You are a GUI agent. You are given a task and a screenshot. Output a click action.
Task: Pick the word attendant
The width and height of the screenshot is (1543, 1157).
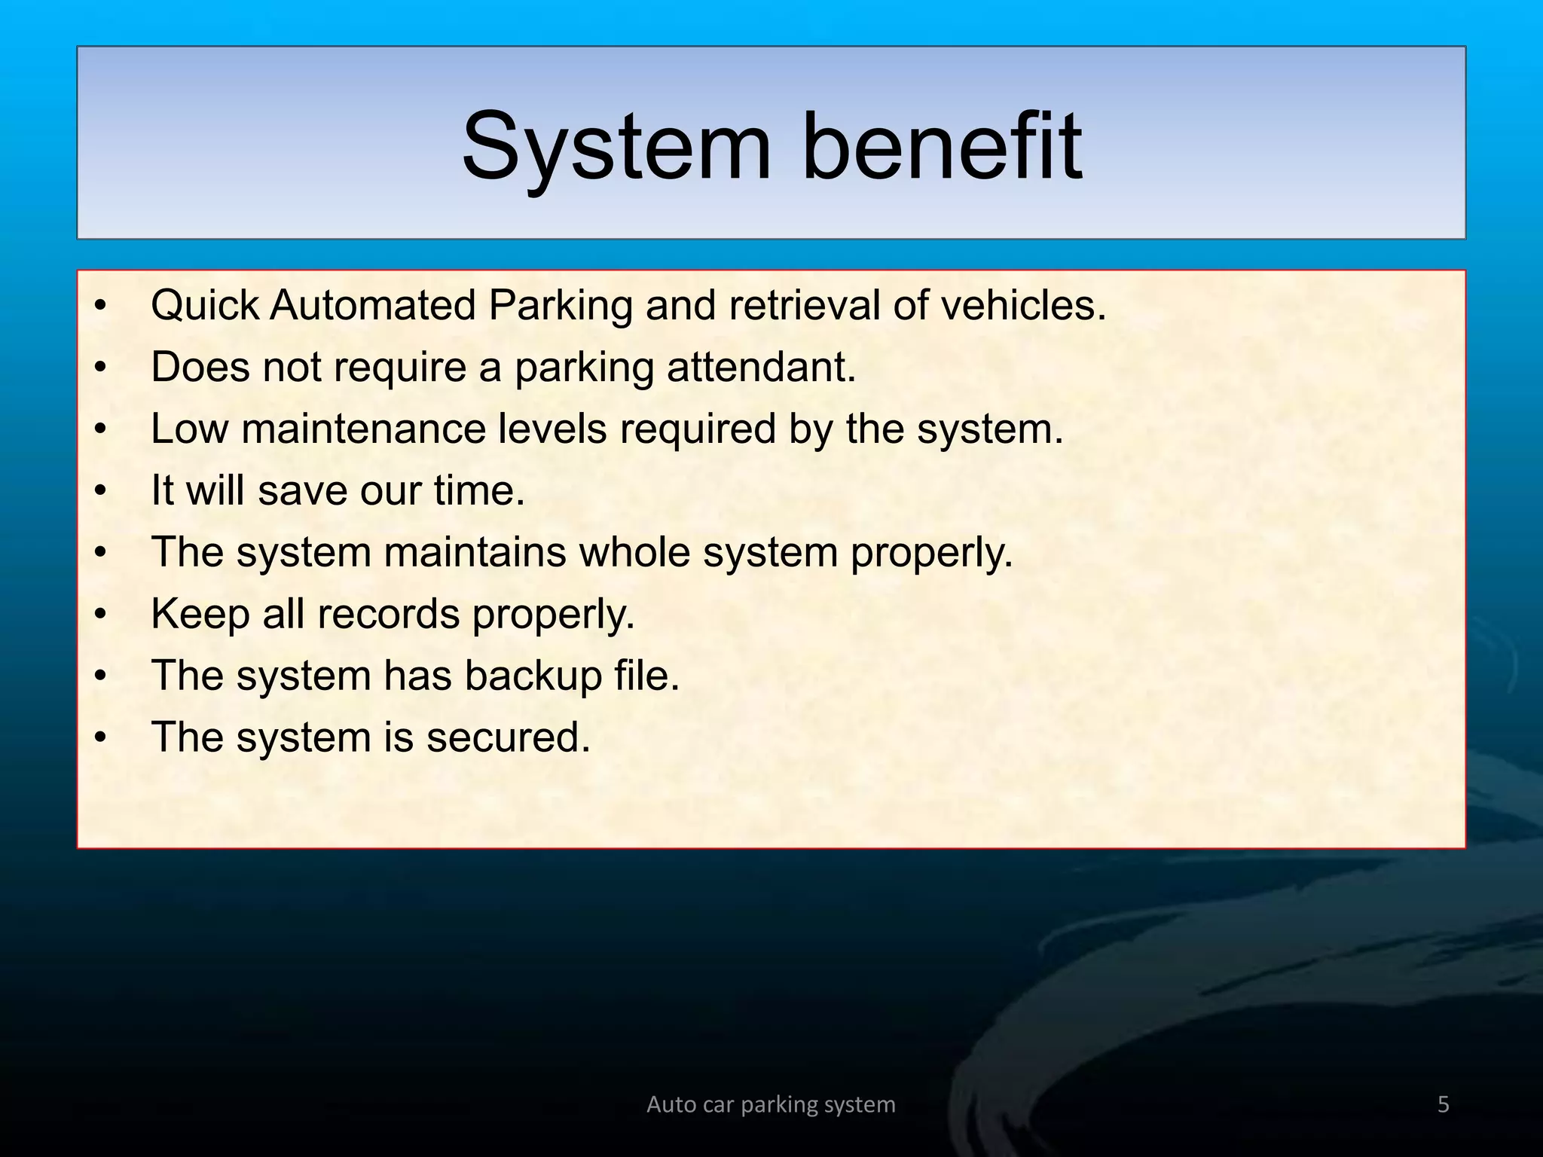click(761, 368)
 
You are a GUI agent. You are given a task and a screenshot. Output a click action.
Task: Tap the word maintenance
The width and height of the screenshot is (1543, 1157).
click(364, 429)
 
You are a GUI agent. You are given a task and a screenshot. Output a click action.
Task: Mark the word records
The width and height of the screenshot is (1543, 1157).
click(388, 614)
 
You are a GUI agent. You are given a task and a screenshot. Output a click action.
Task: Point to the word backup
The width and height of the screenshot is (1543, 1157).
click(533, 676)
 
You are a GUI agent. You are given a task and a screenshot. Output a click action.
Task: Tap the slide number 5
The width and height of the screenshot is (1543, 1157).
click(1443, 1104)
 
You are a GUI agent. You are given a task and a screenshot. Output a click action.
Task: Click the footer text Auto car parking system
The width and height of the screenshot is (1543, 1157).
click(771, 1104)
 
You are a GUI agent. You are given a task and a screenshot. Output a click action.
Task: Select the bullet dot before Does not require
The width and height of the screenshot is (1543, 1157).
click(100, 368)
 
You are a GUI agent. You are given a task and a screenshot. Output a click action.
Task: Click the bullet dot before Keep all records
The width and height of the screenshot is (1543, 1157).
click(100, 615)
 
